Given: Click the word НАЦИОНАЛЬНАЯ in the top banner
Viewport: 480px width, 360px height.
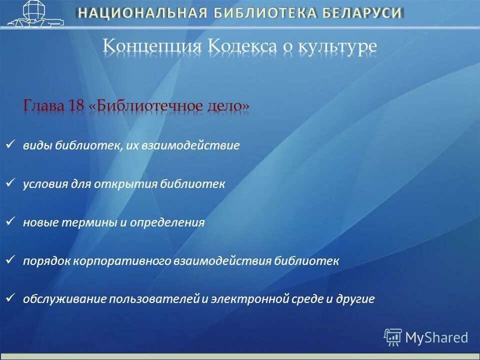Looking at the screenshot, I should click(142, 13).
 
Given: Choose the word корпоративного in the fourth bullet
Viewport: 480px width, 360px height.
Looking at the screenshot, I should click(122, 261).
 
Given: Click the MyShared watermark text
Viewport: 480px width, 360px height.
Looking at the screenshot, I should click(436, 337).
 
